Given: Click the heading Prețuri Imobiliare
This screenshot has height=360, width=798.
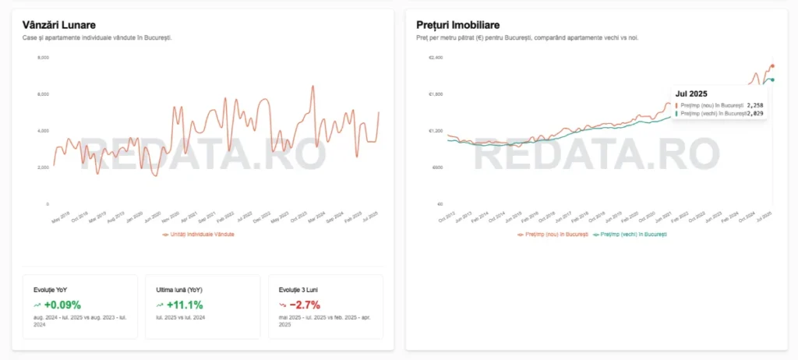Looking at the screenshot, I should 458,25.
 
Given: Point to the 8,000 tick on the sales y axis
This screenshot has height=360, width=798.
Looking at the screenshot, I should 43,58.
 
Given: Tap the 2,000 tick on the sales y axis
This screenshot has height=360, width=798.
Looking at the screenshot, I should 43,167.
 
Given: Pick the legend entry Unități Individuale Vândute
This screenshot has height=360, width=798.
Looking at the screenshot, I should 201,234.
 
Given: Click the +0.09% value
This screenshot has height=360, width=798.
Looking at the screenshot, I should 62,305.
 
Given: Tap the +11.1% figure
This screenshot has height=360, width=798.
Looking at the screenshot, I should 185,305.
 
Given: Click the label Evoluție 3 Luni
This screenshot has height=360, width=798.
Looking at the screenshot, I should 296,289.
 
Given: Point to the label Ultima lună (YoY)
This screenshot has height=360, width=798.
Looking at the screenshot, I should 179,289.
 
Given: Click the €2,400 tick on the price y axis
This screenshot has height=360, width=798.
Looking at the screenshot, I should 436,58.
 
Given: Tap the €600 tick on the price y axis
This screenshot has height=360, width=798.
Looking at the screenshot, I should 436,167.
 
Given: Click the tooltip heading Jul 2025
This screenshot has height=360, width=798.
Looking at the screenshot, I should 691,94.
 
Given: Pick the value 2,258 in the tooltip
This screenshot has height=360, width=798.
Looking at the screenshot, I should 754,104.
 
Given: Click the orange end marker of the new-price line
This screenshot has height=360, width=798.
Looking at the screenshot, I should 772,66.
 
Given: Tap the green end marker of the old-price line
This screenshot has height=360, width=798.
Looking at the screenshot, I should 772,79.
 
